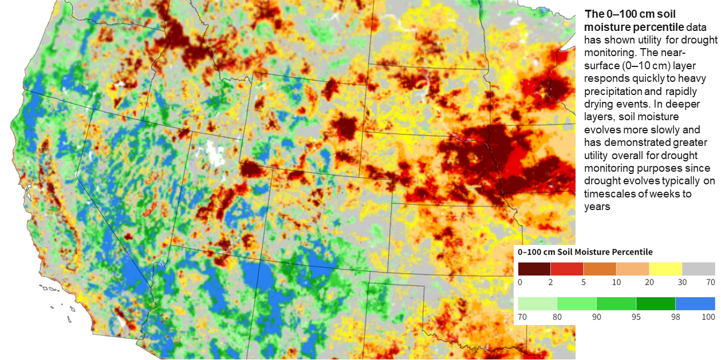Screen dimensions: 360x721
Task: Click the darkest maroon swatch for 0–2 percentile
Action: coord(534,269)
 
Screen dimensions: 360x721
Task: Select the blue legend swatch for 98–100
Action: coord(695,303)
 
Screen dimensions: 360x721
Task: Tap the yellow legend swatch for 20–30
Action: coord(665,269)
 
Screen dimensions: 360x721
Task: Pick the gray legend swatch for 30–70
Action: coord(699,269)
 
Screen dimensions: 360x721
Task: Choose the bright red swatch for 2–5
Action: coord(567,269)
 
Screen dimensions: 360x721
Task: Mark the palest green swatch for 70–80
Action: coord(537,303)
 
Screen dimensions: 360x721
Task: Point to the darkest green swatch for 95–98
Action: coord(656,303)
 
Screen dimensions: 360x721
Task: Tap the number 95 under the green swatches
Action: coord(636,317)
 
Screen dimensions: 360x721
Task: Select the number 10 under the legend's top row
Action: coord(616,282)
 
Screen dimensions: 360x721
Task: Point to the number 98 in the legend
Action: coord(675,317)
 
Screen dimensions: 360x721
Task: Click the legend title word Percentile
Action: coord(632,252)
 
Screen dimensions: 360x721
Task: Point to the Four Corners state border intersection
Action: coord(280,263)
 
